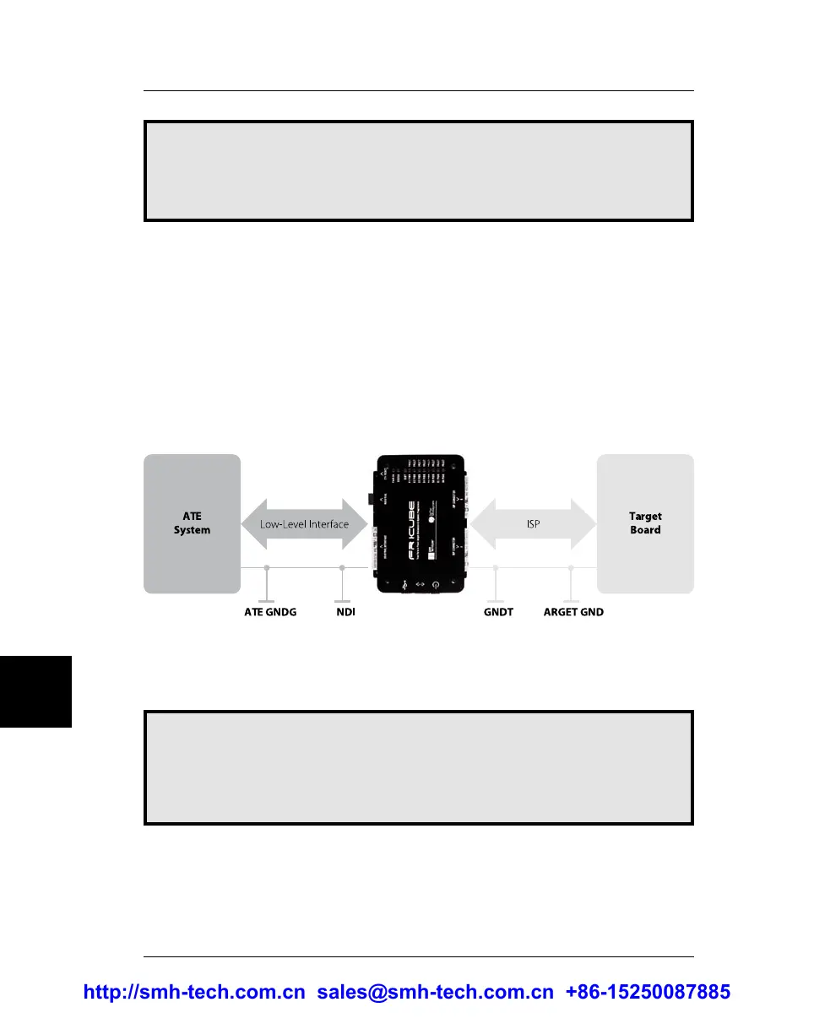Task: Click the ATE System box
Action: (192, 523)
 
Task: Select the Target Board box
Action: (645, 523)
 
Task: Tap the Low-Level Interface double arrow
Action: (304, 524)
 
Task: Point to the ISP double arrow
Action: (533, 523)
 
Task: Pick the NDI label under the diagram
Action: (341, 611)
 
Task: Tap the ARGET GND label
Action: (573, 611)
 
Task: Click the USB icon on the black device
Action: (404, 584)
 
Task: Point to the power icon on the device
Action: (436, 584)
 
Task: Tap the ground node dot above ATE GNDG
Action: (267, 567)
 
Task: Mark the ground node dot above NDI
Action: (342, 567)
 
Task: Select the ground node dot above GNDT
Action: (496, 567)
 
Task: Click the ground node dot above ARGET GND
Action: (572, 567)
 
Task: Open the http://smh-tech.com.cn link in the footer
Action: (194, 993)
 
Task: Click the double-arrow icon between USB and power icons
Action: (420, 584)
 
